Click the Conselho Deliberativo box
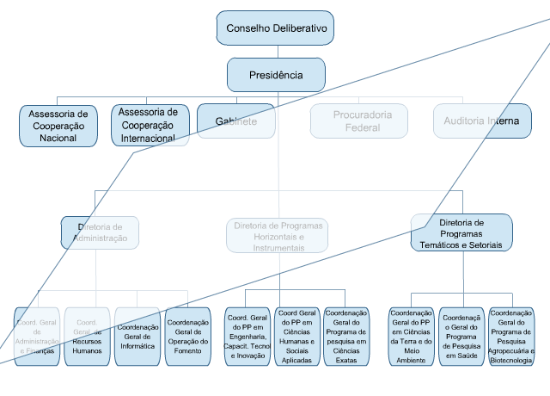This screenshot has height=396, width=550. (276, 28)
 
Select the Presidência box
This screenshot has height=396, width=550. (276, 75)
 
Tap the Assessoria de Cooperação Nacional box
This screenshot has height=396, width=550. (58, 125)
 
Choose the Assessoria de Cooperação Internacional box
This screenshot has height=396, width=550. (150, 125)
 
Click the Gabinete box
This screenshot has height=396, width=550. (236, 121)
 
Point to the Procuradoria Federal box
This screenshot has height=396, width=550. (362, 121)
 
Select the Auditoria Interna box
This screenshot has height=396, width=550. (481, 121)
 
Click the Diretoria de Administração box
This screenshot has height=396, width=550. (101, 232)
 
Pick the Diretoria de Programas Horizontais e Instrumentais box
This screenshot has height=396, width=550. (278, 236)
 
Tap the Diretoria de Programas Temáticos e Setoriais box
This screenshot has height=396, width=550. (461, 233)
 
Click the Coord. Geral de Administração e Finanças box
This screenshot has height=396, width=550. (37, 337)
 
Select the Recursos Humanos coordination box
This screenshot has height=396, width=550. (87, 337)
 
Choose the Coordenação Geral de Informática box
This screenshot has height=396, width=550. (137, 337)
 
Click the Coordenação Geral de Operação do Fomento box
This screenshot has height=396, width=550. (188, 337)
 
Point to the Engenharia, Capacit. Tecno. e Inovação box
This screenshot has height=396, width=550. (247, 337)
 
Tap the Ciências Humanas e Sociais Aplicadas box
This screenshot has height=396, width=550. (296, 337)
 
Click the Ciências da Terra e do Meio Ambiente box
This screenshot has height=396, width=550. (412, 337)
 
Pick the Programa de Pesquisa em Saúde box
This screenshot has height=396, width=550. (461, 337)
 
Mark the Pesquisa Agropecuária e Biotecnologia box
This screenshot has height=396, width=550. (511, 337)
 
